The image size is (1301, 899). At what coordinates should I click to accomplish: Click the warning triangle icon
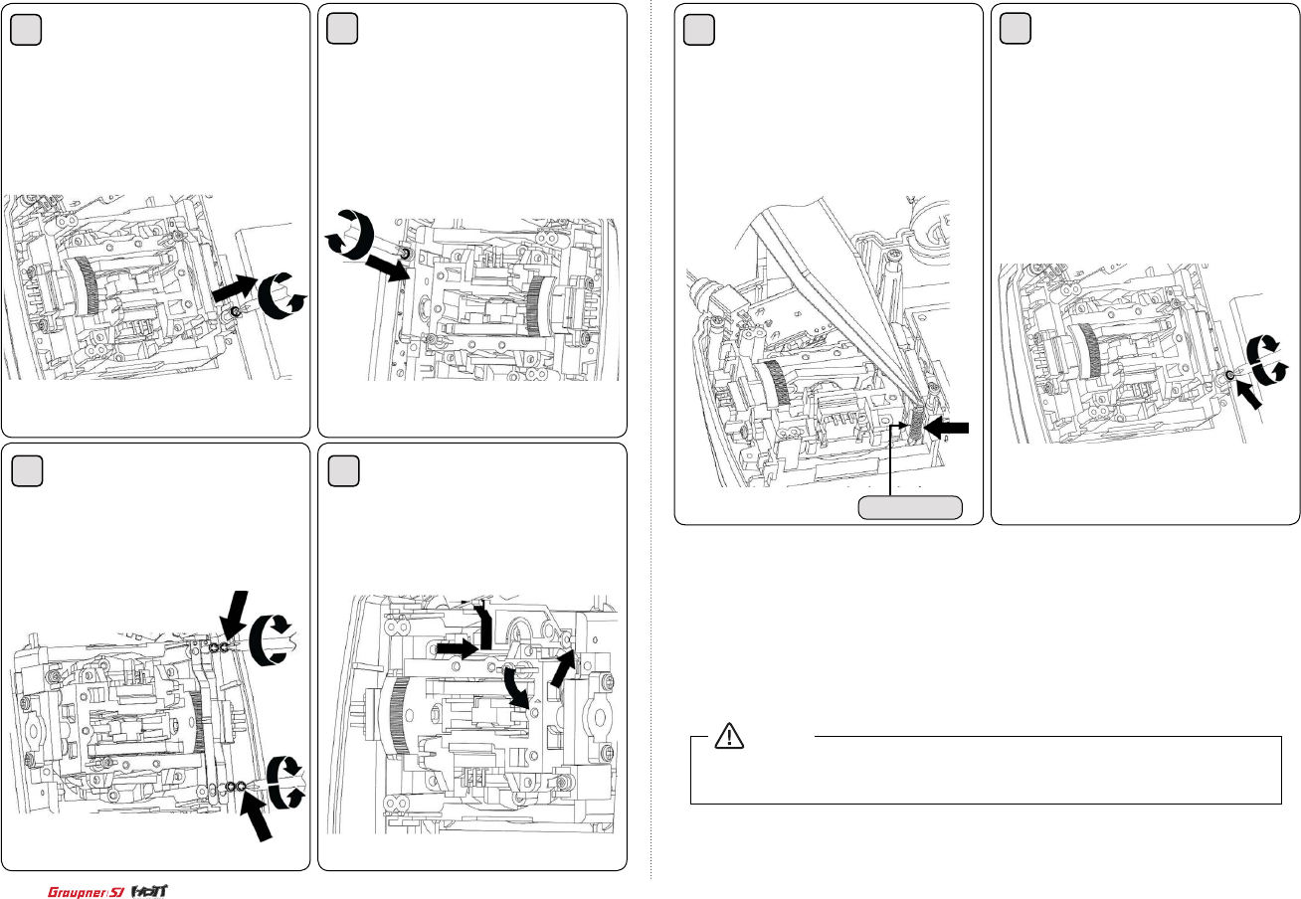729,736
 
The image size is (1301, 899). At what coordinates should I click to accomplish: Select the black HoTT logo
150,891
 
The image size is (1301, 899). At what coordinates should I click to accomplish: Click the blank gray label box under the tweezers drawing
910,507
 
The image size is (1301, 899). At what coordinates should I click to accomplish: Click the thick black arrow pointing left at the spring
946,428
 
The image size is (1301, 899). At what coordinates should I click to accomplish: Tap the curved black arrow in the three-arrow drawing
516,687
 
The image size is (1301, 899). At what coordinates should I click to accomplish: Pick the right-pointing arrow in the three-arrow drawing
458,648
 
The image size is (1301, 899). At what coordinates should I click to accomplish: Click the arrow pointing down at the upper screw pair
235,617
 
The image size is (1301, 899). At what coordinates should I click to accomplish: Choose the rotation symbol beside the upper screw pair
271,640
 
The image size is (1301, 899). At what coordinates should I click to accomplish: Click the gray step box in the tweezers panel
698,29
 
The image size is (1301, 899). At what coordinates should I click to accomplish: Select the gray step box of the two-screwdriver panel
27,470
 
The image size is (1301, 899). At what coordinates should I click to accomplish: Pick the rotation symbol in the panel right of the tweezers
1268,359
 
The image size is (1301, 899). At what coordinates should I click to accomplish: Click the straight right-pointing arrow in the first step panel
234,288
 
